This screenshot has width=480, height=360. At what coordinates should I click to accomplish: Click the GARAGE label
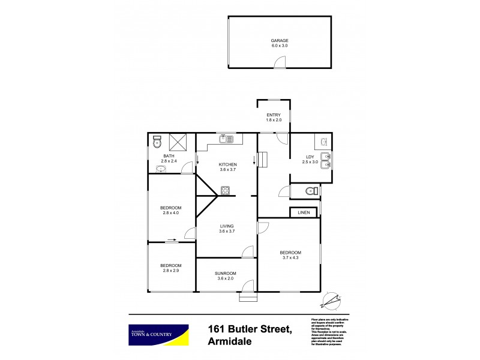(279, 40)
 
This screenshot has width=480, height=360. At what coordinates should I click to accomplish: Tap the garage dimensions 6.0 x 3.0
(279, 46)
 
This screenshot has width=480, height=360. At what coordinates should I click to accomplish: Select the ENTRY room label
(274, 115)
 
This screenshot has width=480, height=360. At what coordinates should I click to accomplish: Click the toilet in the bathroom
(157, 142)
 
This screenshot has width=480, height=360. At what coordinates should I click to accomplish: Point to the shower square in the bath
(178, 143)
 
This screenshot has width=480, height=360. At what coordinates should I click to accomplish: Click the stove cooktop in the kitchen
(226, 191)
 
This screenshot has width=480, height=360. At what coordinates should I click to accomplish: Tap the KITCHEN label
(227, 164)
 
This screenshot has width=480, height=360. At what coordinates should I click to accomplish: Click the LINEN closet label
(304, 213)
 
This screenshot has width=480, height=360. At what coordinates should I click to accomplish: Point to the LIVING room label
(226, 226)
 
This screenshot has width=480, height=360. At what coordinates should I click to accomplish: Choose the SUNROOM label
(226, 274)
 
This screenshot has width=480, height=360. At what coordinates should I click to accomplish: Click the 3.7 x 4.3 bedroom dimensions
(290, 258)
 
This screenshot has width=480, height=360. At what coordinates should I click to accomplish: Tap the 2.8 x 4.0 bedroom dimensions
(170, 212)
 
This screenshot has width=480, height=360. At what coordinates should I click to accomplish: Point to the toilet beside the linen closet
(311, 191)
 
